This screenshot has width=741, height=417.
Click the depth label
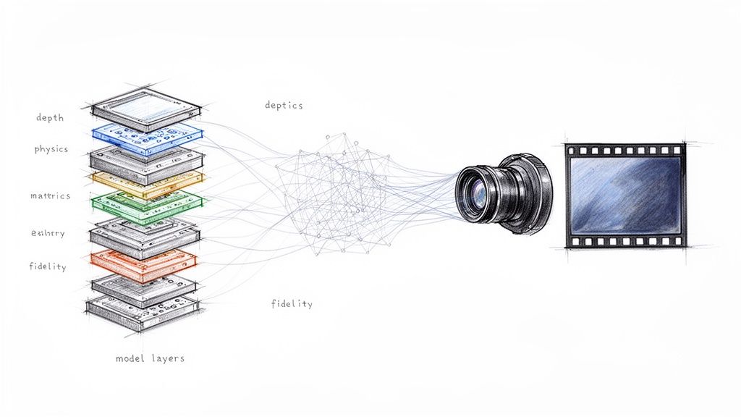[50, 117]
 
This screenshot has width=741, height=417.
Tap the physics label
[51, 149]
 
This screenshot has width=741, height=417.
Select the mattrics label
[51, 195]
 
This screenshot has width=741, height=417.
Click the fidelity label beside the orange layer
[48, 266]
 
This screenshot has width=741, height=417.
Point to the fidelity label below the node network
[292, 303]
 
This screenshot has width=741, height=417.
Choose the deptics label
[284, 105]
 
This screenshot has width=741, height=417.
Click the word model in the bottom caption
[130, 358]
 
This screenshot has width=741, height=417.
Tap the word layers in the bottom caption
[166, 358]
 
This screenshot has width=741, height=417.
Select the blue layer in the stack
[148, 135]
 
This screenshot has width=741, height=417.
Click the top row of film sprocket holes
[624, 150]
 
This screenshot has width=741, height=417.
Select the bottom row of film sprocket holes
[624, 241]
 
